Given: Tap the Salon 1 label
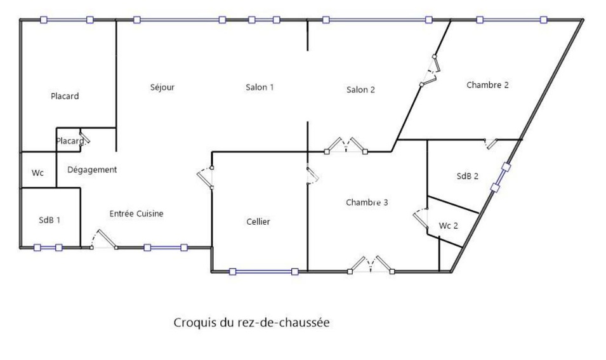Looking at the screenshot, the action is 260,88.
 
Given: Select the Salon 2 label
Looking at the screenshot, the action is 360,90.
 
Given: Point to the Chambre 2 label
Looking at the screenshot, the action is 487,84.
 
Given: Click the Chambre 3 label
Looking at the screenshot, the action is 367,203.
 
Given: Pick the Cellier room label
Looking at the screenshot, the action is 258,222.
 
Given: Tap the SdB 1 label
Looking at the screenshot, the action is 49,220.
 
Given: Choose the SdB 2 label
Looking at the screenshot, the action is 467,176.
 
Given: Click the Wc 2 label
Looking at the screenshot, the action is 448,225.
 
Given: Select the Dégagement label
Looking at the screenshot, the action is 92,170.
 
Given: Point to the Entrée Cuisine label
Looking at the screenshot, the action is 136,214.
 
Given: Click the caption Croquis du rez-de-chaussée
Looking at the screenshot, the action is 251,323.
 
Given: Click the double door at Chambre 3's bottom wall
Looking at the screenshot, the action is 371,265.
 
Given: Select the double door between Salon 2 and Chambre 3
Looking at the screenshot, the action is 346,146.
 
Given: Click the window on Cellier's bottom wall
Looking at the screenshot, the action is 264,272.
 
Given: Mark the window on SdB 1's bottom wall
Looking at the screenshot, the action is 48,248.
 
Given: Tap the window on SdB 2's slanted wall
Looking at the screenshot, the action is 501,177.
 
